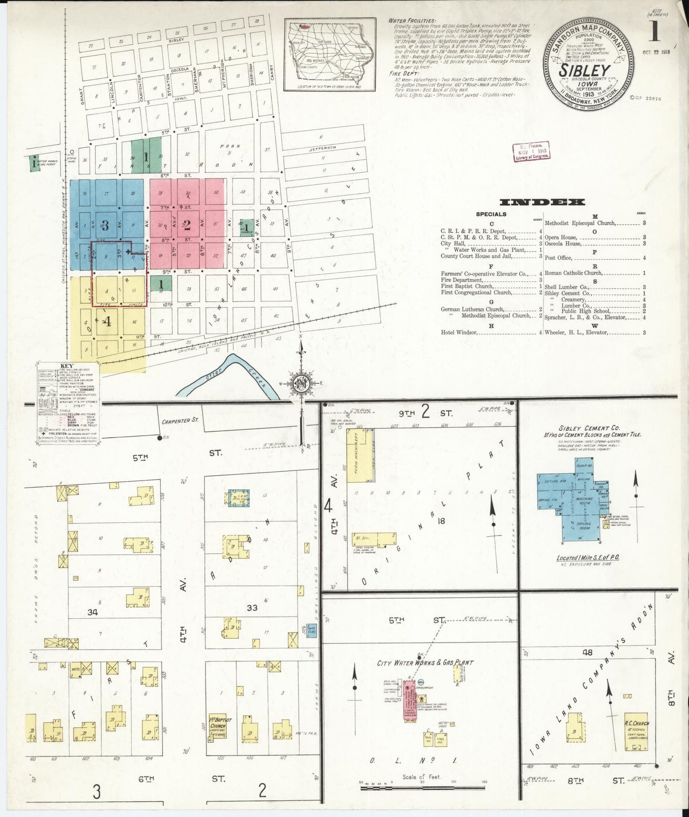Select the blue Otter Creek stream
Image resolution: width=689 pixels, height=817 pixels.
(229, 377)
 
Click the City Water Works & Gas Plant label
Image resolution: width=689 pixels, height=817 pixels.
(425, 663)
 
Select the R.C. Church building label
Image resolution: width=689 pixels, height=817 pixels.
(637, 723)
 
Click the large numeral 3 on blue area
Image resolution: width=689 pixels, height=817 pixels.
(105, 225)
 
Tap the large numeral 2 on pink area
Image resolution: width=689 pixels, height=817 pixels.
(187, 225)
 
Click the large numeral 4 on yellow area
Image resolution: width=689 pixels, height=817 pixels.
(108, 321)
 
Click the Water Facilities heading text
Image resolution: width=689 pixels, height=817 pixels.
(411, 21)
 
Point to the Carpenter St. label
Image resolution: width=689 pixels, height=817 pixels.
(179, 421)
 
